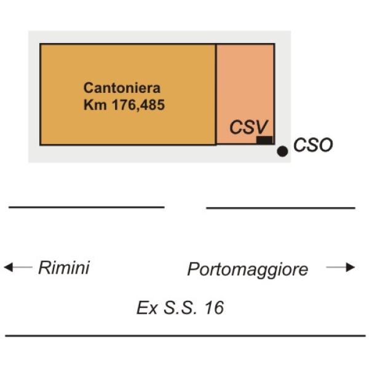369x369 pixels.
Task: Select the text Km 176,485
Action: pyautogui.click(x=124, y=105)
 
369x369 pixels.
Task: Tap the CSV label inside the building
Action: pyautogui.click(x=249, y=127)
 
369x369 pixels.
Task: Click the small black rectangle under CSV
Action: pyautogui.click(x=264, y=141)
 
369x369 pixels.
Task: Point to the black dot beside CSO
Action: pyautogui.click(x=282, y=151)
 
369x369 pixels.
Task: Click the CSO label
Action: pyautogui.click(x=313, y=146)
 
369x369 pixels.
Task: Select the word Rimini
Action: pyautogui.click(x=64, y=268)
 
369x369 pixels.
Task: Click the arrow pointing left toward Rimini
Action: pyautogui.click(x=18, y=268)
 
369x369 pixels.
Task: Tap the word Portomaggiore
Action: pyautogui.click(x=248, y=269)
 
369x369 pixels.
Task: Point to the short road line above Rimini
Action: pyautogui.click(x=86, y=207)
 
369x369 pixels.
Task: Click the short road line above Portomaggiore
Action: pyautogui.click(x=280, y=208)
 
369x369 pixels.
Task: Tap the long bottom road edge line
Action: pyautogui.click(x=184, y=336)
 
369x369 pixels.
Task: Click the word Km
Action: pyautogui.click(x=93, y=105)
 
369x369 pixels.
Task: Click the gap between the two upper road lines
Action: pyautogui.click(x=185, y=208)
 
